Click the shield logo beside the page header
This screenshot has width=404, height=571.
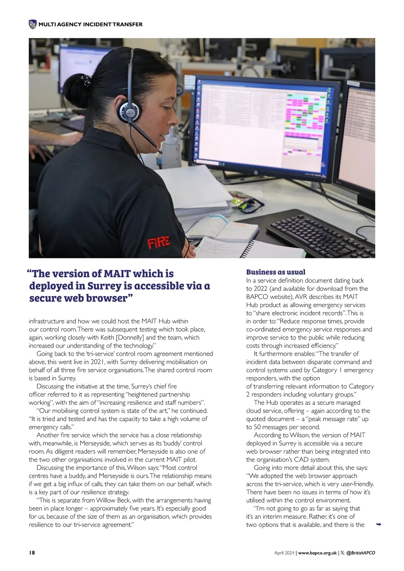pos(32,24)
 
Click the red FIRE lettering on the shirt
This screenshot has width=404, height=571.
pos(158,242)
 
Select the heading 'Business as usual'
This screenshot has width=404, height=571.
pos(276,272)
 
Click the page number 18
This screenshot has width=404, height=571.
pos(32,553)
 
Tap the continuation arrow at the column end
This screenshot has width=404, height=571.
pos(378,525)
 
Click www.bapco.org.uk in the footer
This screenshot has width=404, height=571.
pos(317,553)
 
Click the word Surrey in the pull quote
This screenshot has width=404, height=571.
pos(104,286)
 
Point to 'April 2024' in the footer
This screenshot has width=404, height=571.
pos(284,553)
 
